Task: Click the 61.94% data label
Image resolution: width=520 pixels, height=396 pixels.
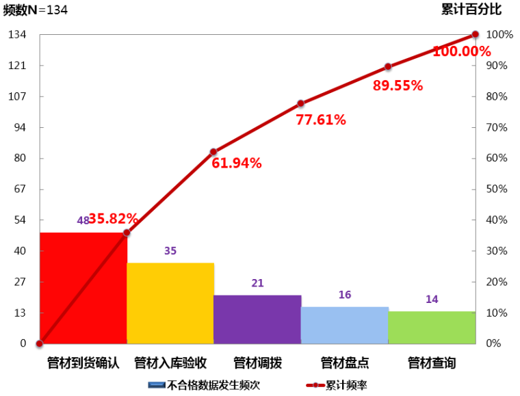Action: tap(237, 163)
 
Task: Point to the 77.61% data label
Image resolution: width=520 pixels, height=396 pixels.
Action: tap(321, 120)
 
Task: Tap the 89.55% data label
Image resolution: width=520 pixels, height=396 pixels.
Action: tap(398, 85)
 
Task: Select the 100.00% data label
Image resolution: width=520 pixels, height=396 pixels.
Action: tap(462, 51)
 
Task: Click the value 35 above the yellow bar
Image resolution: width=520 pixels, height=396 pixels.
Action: tap(170, 251)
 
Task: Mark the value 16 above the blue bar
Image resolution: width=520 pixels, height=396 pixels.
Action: tap(345, 295)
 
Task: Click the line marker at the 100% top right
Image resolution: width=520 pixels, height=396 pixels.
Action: tap(475, 35)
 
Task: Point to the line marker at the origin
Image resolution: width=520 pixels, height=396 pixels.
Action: tap(40, 343)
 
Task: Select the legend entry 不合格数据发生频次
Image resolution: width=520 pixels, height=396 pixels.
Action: tap(213, 385)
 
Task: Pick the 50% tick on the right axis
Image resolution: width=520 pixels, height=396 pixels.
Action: tap(497, 189)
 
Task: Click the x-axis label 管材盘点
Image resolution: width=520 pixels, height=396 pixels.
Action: tap(345, 362)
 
